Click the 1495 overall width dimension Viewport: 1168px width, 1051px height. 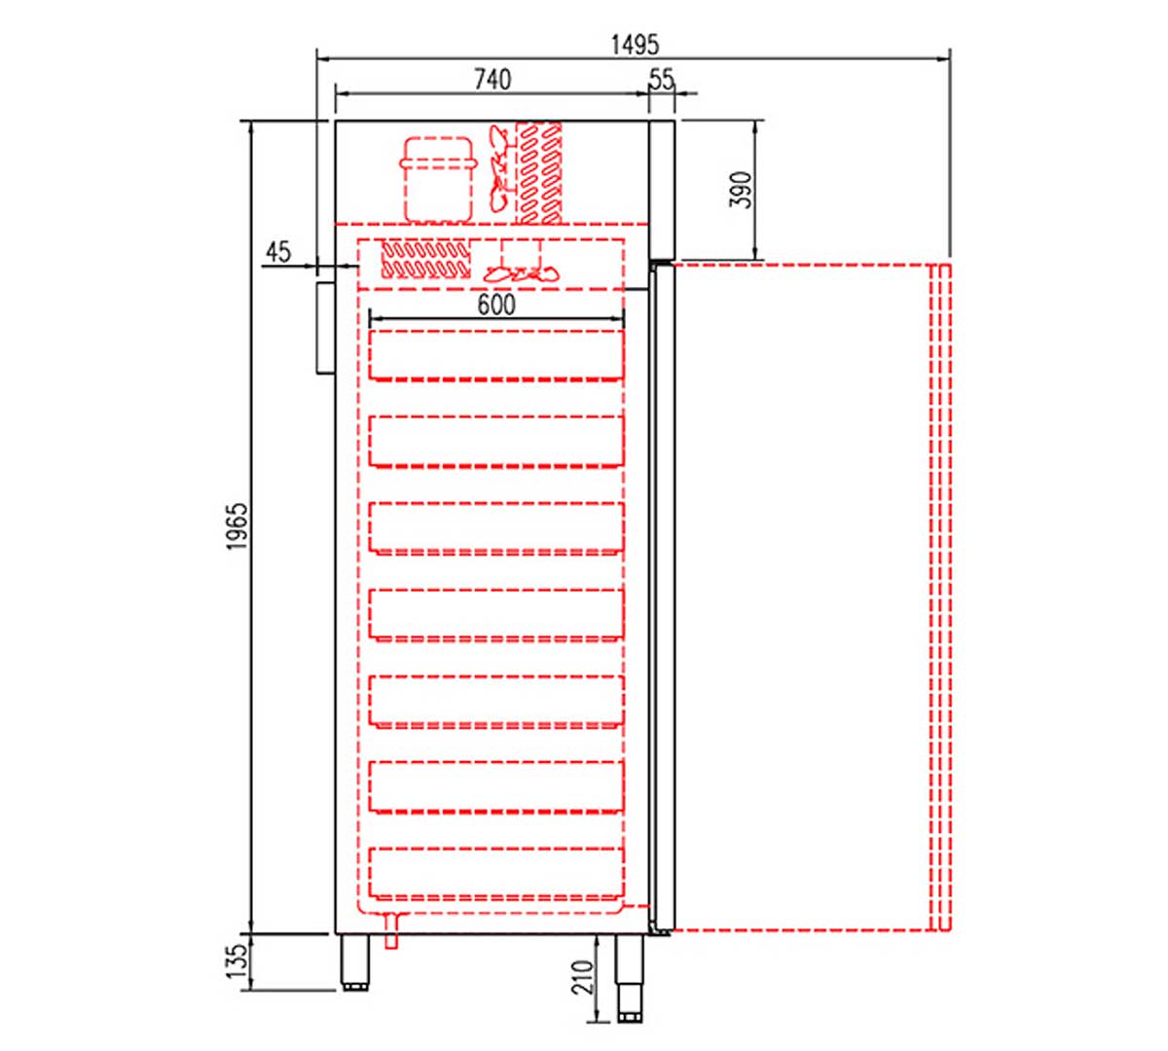635,45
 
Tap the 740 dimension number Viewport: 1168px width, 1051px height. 493,80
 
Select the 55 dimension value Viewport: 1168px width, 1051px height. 662,80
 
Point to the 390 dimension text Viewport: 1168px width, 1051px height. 741,190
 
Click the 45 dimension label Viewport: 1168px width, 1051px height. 277,252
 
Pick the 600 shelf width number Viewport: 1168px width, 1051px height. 496,305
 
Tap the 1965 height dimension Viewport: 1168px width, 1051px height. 237,526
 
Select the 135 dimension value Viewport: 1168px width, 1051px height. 237,961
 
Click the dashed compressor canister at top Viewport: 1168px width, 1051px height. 438,180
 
